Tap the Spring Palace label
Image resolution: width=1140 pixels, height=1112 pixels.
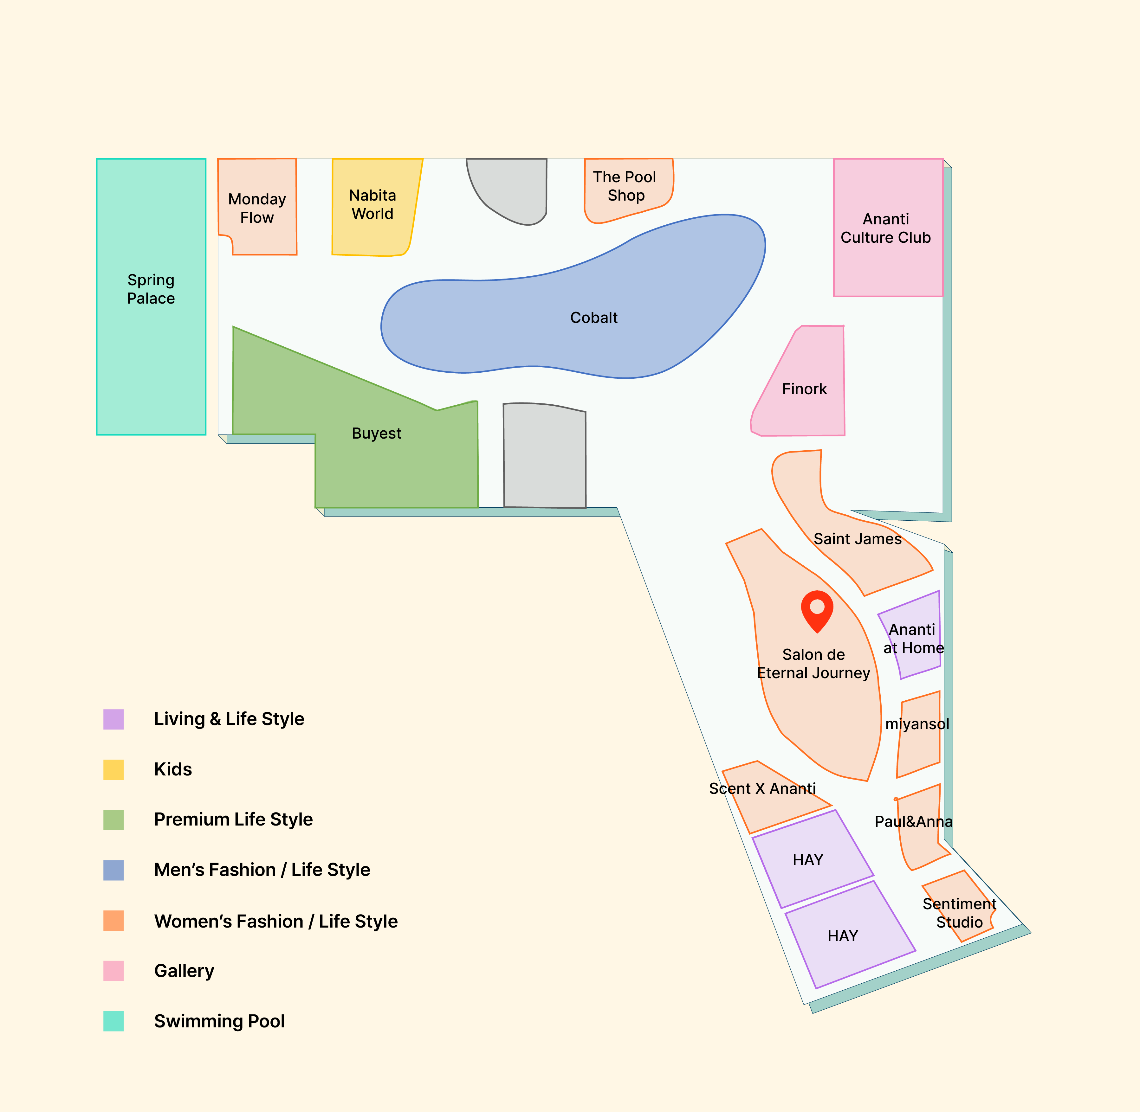151,289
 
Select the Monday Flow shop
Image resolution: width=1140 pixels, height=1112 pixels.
257,207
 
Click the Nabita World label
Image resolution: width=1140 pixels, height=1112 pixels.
372,204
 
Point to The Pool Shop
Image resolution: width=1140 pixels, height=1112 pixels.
628,190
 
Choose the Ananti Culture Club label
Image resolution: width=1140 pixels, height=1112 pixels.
886,228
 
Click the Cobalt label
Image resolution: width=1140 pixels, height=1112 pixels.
594,318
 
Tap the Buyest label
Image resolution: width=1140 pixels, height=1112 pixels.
376,433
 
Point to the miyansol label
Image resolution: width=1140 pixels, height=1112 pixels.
917,724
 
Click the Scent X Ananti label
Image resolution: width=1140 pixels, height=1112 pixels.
762,788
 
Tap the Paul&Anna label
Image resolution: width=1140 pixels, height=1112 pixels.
913,822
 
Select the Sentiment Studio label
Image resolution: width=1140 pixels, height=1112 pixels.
959,913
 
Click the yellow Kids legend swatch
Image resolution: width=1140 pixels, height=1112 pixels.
113,770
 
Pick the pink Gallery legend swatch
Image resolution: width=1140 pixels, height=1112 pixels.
113,971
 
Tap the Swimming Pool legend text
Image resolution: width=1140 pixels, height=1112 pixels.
219,1021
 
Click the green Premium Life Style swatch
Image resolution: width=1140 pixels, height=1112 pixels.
113,820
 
